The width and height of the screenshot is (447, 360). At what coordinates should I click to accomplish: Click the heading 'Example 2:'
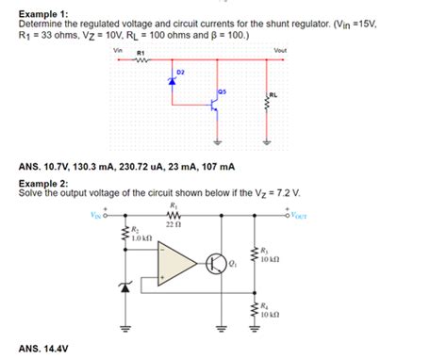pyautogui.click(x=44, y=182)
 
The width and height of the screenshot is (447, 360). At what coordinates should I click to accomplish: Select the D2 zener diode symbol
pyautogui.click(x=173, y=82)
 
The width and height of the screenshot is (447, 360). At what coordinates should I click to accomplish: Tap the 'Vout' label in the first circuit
pyautogui.click(x=279, y=50)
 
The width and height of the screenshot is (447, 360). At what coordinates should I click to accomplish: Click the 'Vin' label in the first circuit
pyautogui.click(x=117, y=50)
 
